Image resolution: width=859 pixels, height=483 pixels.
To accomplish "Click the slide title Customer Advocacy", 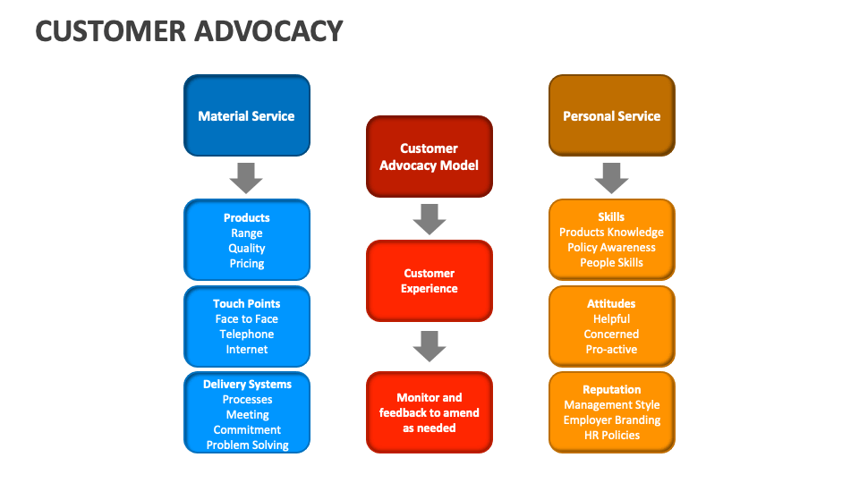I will (189, 31).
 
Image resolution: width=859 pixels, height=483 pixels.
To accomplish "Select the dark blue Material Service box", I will (246, 115).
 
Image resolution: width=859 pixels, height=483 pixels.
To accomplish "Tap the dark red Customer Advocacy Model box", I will (429, 157).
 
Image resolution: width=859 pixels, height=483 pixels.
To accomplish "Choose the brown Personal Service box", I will (611, 115).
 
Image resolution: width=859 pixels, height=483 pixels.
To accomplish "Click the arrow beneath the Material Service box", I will (246, 177).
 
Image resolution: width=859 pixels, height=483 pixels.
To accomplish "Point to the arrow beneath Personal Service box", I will (611, 177).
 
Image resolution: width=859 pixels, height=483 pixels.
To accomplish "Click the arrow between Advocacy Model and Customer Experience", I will (429, 219).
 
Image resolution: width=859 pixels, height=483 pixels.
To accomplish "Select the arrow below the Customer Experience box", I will (429, 346).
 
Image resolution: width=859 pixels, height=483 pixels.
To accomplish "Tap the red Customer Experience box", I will (429, 281).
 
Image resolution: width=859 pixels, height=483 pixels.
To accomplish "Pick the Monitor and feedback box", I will (429, 412).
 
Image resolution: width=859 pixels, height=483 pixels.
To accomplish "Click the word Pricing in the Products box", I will (247, 264).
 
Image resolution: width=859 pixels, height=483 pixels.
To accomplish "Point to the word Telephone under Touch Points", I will (247, 335).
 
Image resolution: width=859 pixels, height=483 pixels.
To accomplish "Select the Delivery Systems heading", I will (247, 385).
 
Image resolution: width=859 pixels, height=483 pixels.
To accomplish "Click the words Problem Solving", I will (247, 445).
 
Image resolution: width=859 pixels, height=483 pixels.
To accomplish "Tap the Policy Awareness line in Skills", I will (611, 248).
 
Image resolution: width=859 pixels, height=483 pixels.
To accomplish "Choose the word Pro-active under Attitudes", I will (611, 350).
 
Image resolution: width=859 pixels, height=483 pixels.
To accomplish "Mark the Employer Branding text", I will (611, 420).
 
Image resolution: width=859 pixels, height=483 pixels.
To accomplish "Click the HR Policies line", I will (611, 436).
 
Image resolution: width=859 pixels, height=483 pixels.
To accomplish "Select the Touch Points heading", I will (247, 304).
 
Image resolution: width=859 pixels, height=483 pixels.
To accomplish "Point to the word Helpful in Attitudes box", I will (611, 319).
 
